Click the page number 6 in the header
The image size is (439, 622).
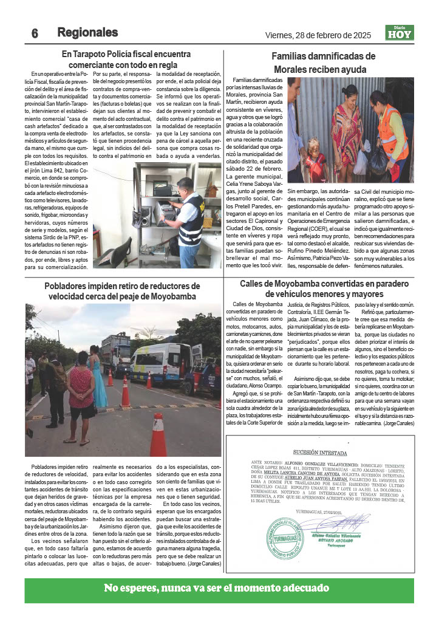click(35, 33)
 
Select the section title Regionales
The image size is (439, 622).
click(87, 32)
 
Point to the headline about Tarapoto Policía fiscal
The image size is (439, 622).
click(126, 59)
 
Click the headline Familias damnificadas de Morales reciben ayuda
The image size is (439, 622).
click(324, 63)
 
